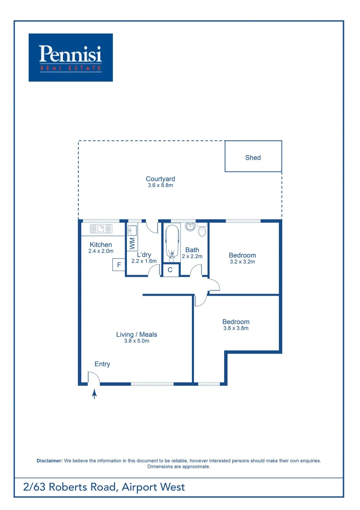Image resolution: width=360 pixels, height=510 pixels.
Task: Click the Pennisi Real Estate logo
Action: [71, 57]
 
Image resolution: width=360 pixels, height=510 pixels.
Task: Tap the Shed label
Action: [253, 158]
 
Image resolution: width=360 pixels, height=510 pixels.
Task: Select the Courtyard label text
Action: [160, 179]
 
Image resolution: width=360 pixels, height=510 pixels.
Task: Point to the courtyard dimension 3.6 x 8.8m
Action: [160, 186]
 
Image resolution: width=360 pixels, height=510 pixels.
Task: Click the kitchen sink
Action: [100, 229]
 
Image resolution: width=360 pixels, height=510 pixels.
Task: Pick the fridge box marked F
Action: [119, 265]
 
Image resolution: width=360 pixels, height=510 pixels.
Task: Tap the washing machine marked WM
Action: [132, 244]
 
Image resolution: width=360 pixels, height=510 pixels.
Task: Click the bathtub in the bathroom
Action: [172, 243]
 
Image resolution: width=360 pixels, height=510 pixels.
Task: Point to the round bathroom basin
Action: [190, 227]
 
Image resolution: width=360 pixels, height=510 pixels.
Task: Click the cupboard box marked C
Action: [170, 270]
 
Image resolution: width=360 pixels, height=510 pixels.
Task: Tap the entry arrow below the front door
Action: [94, 393]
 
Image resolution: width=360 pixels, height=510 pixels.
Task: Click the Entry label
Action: [102, 364]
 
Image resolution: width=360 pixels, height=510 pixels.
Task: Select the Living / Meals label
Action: [137, 335]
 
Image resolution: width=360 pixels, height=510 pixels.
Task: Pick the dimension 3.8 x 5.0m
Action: [137, 341]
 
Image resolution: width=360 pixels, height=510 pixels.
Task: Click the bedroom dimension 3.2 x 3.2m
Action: [243, 262]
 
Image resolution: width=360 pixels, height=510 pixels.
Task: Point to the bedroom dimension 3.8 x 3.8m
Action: [236, 328]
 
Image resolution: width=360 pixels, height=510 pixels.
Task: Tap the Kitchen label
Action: [101, 245]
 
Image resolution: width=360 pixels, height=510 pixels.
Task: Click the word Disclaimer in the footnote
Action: [50, 460]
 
